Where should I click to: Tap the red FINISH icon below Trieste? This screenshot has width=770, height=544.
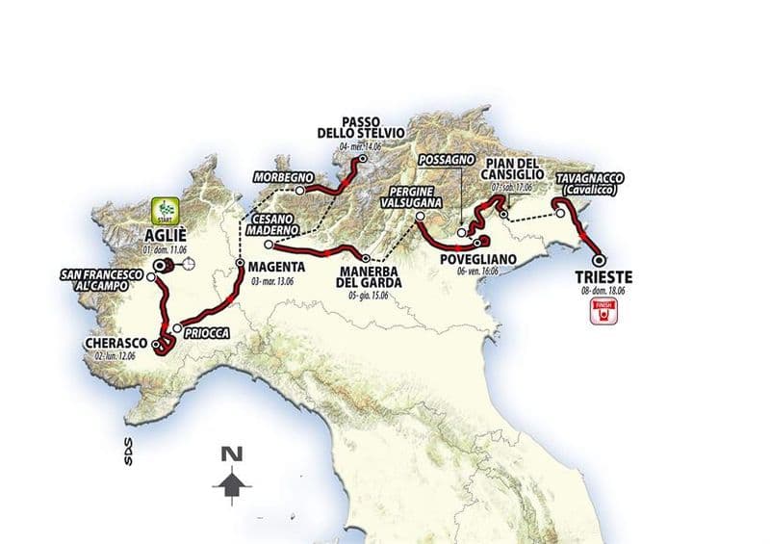(604, 309)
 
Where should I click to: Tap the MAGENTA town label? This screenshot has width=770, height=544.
(275, 266)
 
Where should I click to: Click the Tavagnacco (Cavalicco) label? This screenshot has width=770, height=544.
(588, 184)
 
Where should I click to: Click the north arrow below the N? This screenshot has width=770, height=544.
(230, 480)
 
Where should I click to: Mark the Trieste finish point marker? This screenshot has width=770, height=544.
(599, 259)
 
